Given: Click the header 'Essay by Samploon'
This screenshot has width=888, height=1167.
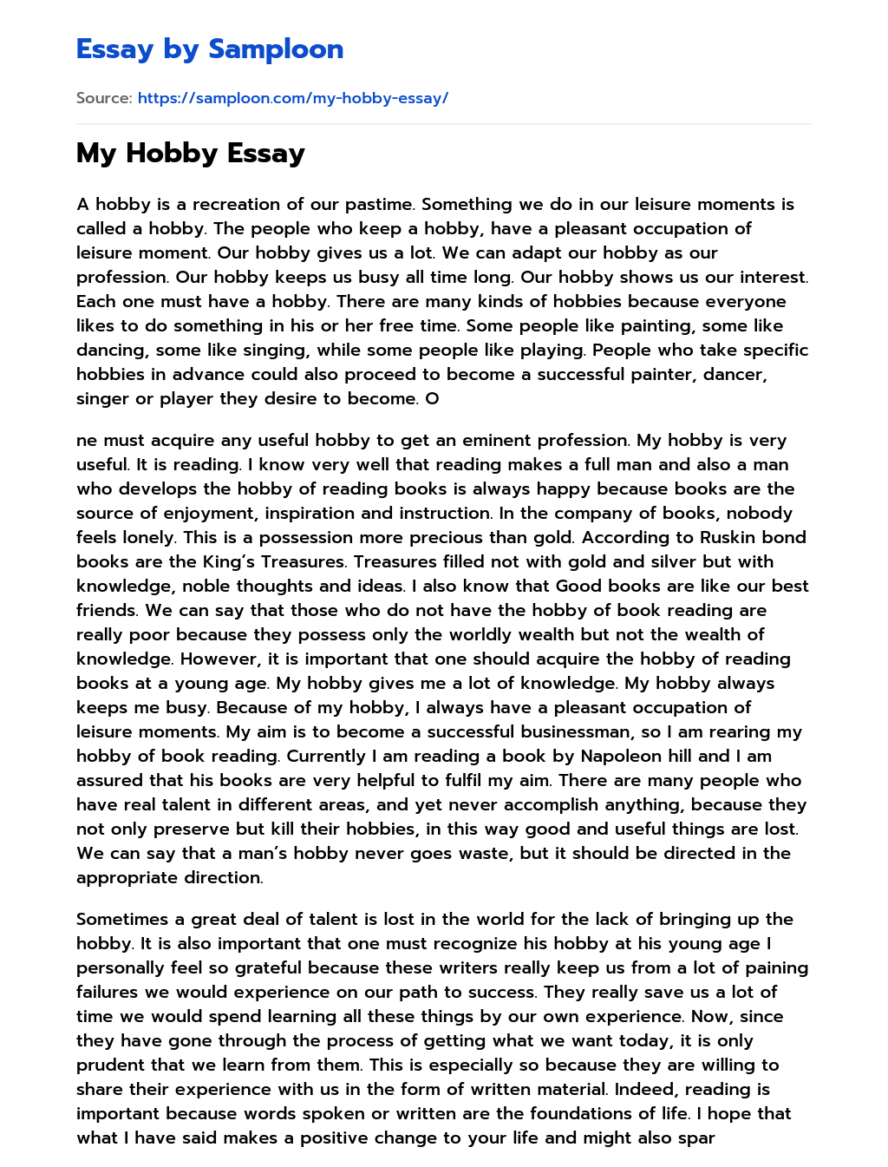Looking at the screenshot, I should point(210,49).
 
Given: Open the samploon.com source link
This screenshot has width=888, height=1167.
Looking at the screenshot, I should point(292,98).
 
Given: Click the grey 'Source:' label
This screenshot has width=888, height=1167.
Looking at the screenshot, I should point(104,98).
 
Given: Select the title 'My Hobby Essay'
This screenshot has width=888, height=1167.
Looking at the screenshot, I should point(191,154).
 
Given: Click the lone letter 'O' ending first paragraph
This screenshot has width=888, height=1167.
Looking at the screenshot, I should point(433,399).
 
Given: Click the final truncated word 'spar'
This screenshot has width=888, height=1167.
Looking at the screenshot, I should point(696,1137).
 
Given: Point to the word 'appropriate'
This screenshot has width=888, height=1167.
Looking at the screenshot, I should point(125,877).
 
